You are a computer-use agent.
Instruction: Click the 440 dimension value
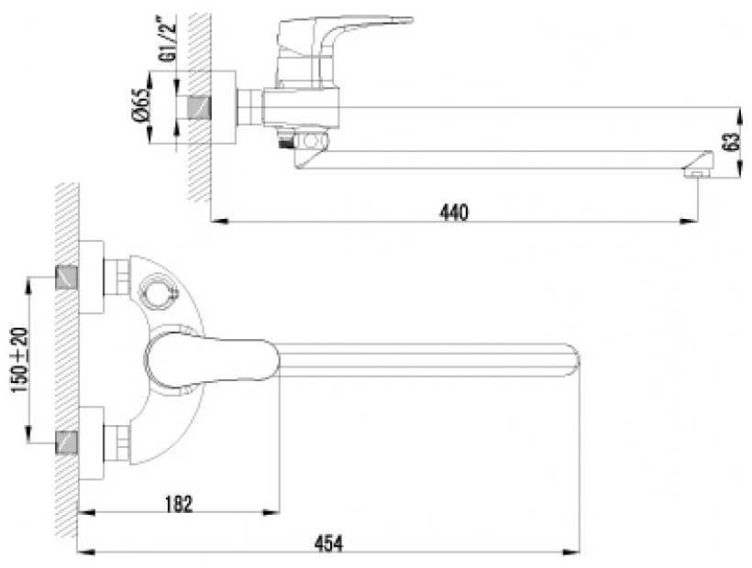point(453,212)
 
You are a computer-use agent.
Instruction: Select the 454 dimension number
point(328,543)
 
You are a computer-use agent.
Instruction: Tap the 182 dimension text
point(179,504)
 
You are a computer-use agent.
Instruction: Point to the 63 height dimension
point(733,142)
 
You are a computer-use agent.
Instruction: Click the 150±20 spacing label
point(20,360)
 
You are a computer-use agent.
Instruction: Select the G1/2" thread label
point(169,39)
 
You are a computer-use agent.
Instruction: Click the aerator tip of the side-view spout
point(698,172)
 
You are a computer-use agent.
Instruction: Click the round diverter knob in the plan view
point(158,290)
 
